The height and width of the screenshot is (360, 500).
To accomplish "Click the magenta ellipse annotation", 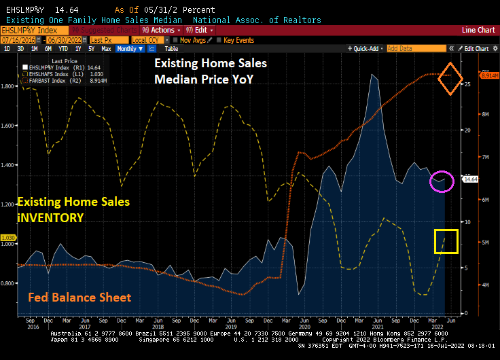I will point(442,181).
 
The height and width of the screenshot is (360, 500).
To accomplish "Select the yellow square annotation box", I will point(446,241).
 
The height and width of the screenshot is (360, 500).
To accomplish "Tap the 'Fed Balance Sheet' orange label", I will point(79,298).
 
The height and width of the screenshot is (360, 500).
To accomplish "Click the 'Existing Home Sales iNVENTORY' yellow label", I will point(73,210).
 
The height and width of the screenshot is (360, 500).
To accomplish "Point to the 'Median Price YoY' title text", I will point(203,78).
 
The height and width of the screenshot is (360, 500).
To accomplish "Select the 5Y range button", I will point(91,49).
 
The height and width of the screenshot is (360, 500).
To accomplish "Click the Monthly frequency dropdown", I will point(128,49).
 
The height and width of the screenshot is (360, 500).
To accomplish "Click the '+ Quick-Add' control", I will point(365,49).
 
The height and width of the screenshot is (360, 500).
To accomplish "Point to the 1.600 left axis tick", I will point(8,126).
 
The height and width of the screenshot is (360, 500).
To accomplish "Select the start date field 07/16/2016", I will point(18,40).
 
